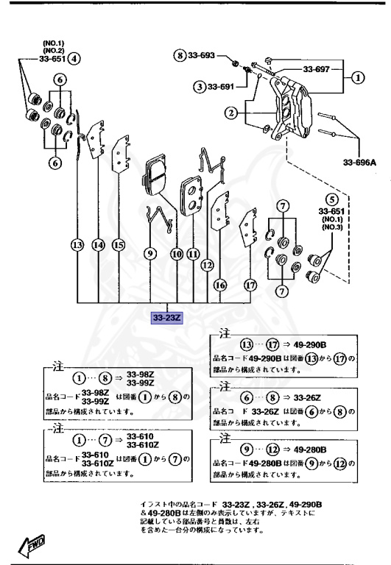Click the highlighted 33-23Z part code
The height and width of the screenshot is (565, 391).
click(x=168, y=319)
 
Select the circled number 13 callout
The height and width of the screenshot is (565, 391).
click(x=78, y=246)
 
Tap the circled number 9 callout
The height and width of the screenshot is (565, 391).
click(x=149, y=254)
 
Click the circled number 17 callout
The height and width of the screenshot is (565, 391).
click(x=250, y=285)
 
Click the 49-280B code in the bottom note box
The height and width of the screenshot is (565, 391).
click(x=310, y=449)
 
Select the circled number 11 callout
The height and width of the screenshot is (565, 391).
click(x=193, y=254)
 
